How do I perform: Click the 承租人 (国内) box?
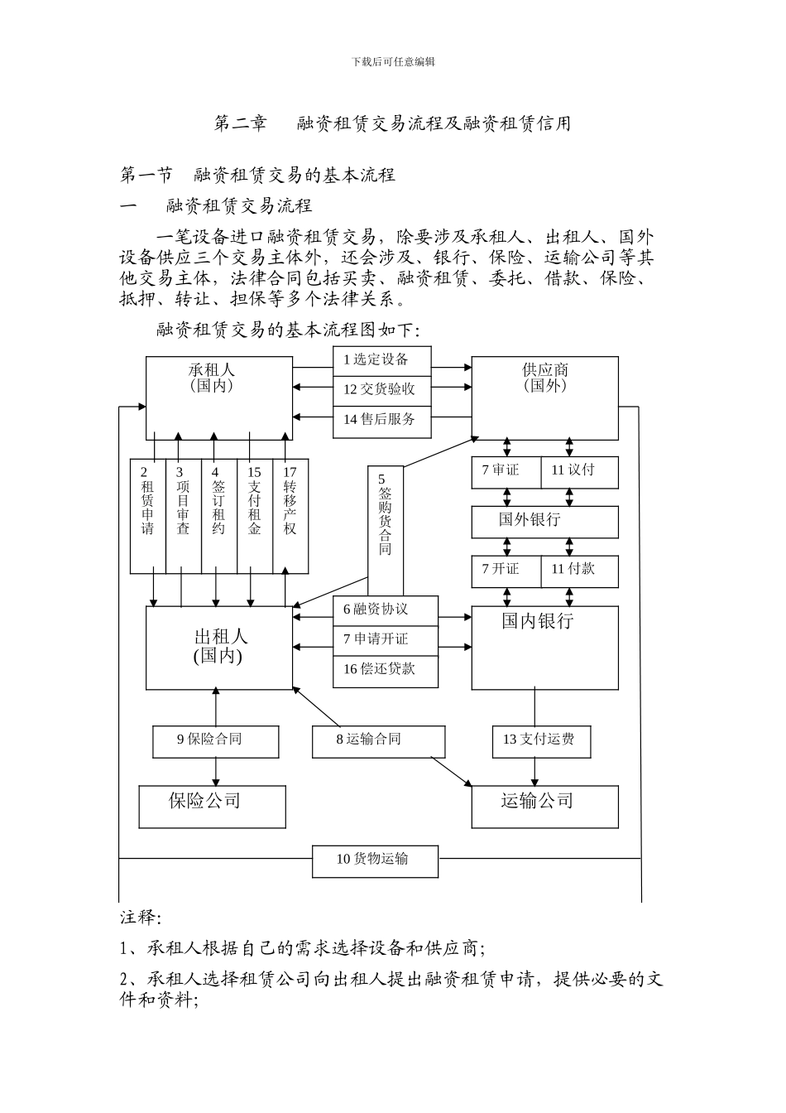[219, 397]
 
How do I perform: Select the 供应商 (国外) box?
[544, 397]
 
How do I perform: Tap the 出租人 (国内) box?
[219, 648]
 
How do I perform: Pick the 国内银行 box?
[544, 648]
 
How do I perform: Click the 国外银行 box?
[544, 521]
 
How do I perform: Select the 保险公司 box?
[213, 807]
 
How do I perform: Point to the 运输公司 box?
[544, 807]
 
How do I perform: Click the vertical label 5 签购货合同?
[385, 515]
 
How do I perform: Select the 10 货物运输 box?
[375, 860]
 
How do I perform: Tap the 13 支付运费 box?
[541, 740]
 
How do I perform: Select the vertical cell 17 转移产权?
[290, 514]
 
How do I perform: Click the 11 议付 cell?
[580, 471]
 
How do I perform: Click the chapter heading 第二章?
[240, 124]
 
